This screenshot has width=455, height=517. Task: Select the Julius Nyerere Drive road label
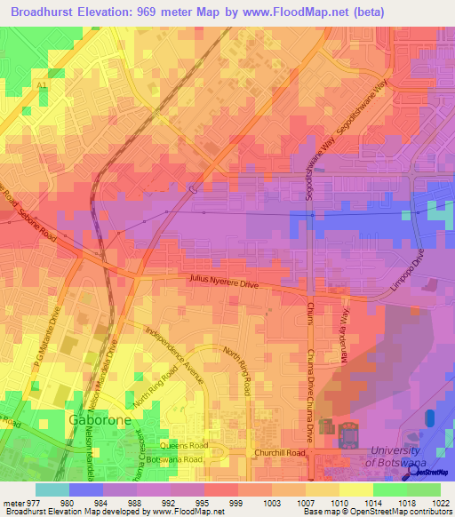click(222, 281)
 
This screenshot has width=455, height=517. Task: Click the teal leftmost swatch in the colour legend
click(52, 489)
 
